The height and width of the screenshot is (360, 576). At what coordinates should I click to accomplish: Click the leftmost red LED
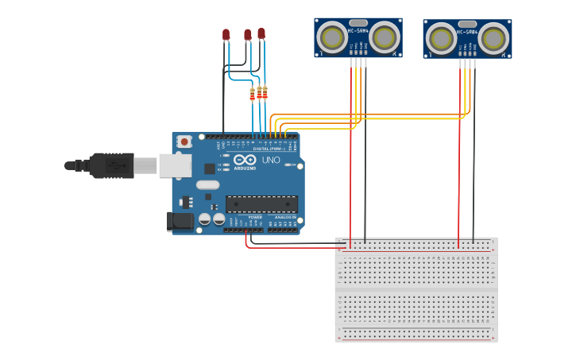tap(226, 34)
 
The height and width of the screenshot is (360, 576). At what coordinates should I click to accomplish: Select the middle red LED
tap(248, 34)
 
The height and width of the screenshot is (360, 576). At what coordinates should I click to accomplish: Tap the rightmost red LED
tap(261, 33)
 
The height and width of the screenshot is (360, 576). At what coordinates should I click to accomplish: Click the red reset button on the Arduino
tap(184, 141)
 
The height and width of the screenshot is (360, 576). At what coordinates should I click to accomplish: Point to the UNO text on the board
tap(271, 160)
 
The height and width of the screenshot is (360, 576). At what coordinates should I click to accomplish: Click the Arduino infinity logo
tap(245, 160)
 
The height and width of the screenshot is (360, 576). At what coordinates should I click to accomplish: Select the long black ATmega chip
tap(261, 203)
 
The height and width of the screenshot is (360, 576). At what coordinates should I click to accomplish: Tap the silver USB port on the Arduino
tap(175, 165)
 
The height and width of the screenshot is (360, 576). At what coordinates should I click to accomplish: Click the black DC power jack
tap(180, 221)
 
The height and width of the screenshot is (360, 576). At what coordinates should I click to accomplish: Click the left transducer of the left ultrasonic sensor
tap(332, 37)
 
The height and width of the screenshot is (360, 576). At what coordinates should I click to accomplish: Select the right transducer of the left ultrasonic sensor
tap(384, 37)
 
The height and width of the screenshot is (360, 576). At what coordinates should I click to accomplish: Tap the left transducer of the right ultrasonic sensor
tap(441, 39)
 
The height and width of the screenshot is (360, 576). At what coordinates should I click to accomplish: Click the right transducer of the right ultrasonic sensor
tap(493, 38)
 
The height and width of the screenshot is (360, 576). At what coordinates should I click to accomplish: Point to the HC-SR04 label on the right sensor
tap(467, 33)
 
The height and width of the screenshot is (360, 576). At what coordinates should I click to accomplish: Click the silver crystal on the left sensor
tap(358, 23)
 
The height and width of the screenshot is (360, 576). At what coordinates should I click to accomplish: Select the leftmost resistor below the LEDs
tap(253, 95)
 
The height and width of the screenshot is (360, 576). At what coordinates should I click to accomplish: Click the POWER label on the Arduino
tap(255, 217)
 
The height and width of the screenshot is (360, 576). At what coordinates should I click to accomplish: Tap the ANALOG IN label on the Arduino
tap(284, 217)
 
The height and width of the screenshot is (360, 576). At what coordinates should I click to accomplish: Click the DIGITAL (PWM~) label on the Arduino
tap(270, 149)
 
